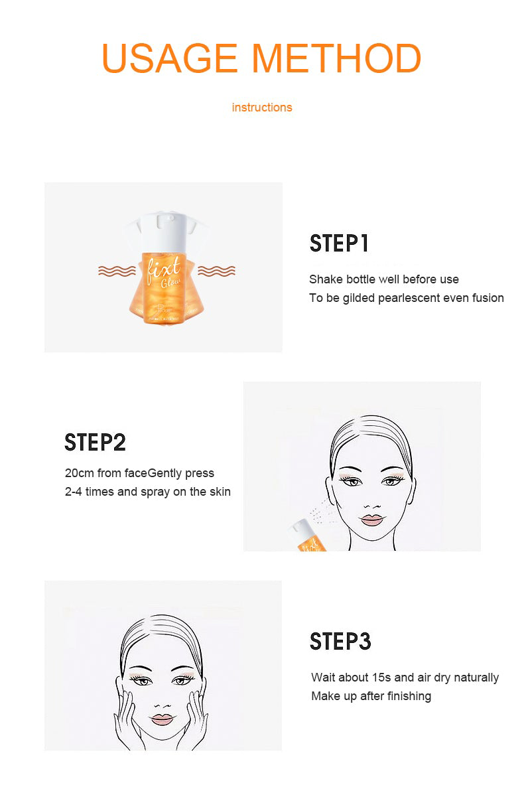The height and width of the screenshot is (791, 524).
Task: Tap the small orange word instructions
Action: [262, 108]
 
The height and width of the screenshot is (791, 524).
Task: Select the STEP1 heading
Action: [339, 244]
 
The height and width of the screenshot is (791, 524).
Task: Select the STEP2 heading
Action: [95, 443]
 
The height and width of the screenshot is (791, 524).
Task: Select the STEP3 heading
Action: [340, 642]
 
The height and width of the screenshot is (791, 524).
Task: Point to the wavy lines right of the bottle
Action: [216, 271]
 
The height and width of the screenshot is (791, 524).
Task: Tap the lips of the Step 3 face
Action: [162, 719]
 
